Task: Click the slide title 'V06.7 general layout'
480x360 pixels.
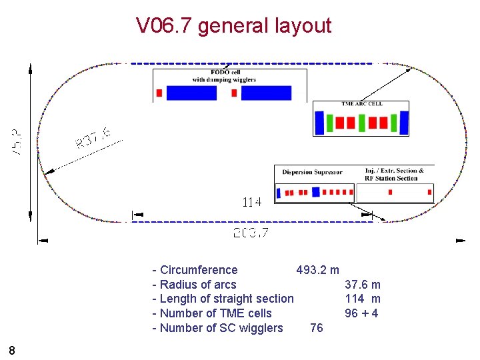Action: click(x=233, y=26)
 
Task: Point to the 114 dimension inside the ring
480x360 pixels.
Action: click(x=251, y=201)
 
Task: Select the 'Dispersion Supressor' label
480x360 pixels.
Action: click(x=312, y=172)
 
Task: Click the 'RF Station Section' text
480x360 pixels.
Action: click(x=391, y=178)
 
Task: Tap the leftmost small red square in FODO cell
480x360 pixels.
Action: click(x=159, y=93)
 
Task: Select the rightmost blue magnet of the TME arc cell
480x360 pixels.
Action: click(x=404, y=122)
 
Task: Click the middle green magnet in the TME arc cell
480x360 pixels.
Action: click(x=361, y=122)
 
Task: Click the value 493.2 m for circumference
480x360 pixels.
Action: click(x=317, y=270)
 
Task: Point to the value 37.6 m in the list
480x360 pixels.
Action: click(x=363, y=285)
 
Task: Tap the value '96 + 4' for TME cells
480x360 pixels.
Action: click(x=361, y=313)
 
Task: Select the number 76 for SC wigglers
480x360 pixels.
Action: click(x=317, y=328)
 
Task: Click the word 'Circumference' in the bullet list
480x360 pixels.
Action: click(x=199, y=270)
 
